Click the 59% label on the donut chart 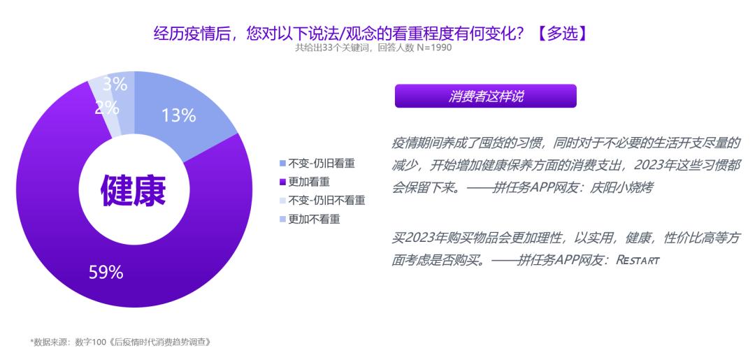click(x=106, y=273)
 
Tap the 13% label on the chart click(x=178, y=116)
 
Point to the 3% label click(x=115, y=85)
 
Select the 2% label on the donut click(x=106, y=108)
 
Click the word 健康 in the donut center click(x=134, y=189)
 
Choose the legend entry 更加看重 click(x=311, y=182)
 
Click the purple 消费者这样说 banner click(x=485, y=96)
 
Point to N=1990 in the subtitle click(x=433, y=48)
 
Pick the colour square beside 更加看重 click(x=282, y=182)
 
